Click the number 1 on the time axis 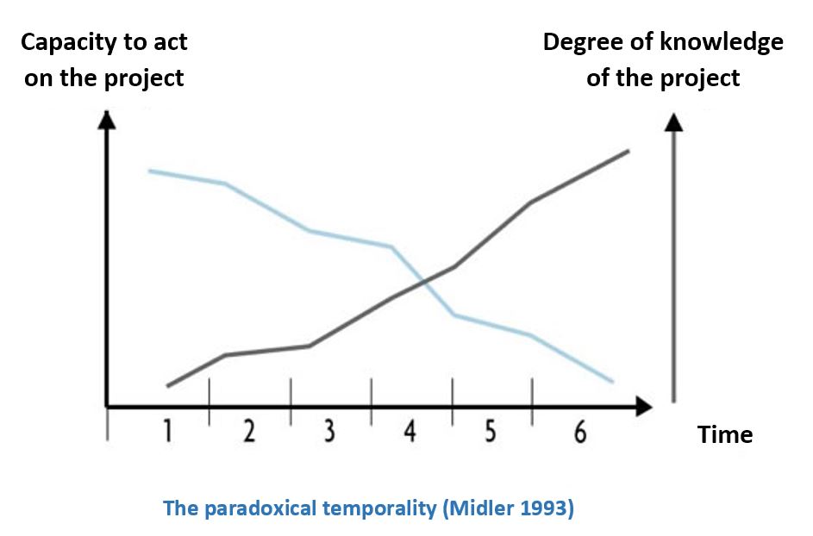click(167, 431)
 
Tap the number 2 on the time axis click(249, 431)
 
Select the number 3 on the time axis click(329, 431)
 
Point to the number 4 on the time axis click(410, 431)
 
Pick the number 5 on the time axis click(490, 431)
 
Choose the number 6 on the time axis click(581, 431)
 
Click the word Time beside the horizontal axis click(725, 434)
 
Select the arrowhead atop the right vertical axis click(673, 122)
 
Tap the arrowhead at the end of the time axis click(643, 407)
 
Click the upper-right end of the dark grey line click(629, 151)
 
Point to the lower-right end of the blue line click(613, 382)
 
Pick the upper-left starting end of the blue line click(149, 171)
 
